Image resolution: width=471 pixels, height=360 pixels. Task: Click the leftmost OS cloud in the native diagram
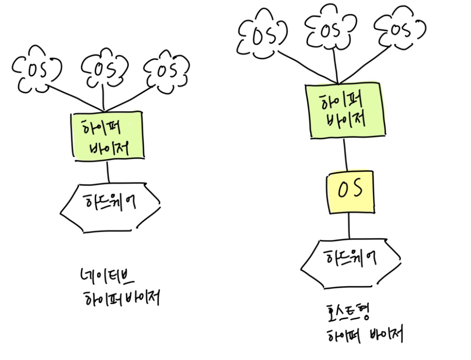35,70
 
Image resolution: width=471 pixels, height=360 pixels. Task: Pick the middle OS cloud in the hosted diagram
331,30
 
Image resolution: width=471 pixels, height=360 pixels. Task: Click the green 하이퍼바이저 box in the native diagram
107,136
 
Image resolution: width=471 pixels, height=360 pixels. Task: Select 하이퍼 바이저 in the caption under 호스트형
364,334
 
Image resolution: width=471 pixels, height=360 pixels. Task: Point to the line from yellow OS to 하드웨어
349,226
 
